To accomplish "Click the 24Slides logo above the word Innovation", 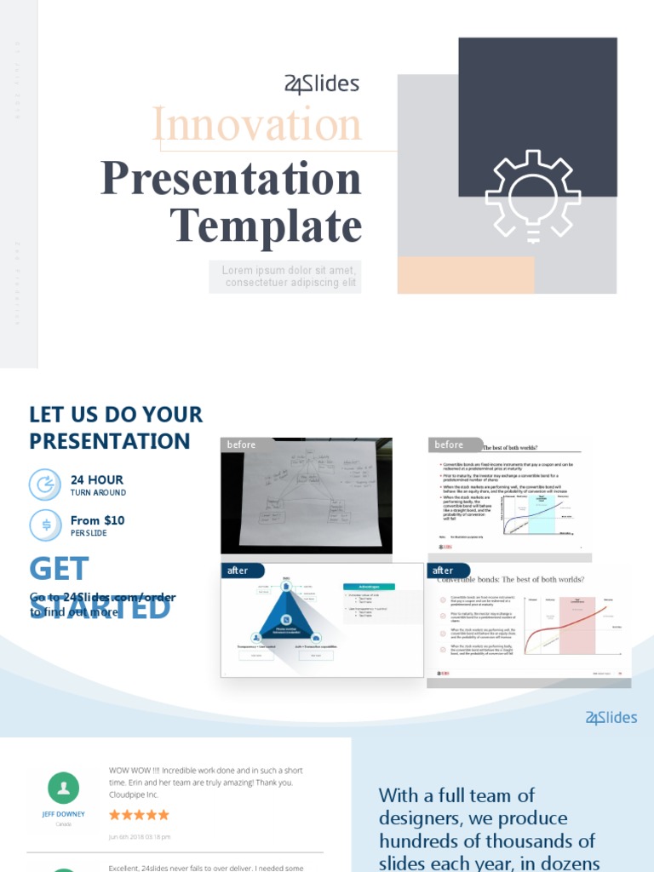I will pos(321,84).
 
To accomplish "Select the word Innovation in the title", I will pos(257,125).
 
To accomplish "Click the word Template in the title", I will pos(266,226).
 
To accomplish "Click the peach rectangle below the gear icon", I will pos(466,275).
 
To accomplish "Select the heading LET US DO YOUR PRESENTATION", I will pos(116,427).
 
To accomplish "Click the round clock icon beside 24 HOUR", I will pos(45,485).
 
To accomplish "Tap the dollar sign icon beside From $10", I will pos(45,525).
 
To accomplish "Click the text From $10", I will pos(97,520).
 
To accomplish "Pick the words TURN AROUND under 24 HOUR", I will pos(98,493).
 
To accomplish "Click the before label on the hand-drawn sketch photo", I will pos(241,445).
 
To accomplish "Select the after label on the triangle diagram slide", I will pos(238,571).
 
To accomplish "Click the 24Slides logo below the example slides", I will pos(611,718).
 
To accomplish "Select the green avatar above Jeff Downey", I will pos(64,788).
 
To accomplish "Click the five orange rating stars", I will pos(139,815).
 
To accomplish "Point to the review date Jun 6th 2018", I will pos(140,837).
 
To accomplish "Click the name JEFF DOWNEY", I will pos(64,814).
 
